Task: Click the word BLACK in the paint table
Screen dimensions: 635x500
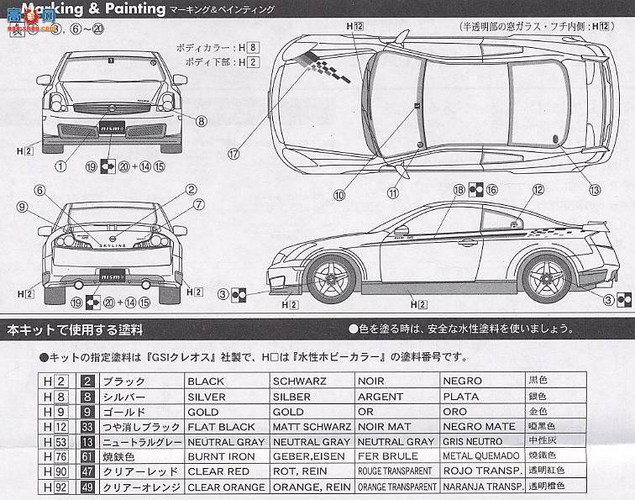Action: (207, 382)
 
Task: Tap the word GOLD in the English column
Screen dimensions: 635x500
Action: (204, 412)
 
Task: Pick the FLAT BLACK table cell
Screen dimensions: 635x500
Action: (221, 427)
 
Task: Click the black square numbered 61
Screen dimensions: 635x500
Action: (87, 457)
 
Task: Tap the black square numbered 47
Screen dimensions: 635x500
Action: (87, 472)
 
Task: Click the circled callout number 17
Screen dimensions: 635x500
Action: (233, 153)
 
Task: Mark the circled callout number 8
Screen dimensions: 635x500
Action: (202, 121)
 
